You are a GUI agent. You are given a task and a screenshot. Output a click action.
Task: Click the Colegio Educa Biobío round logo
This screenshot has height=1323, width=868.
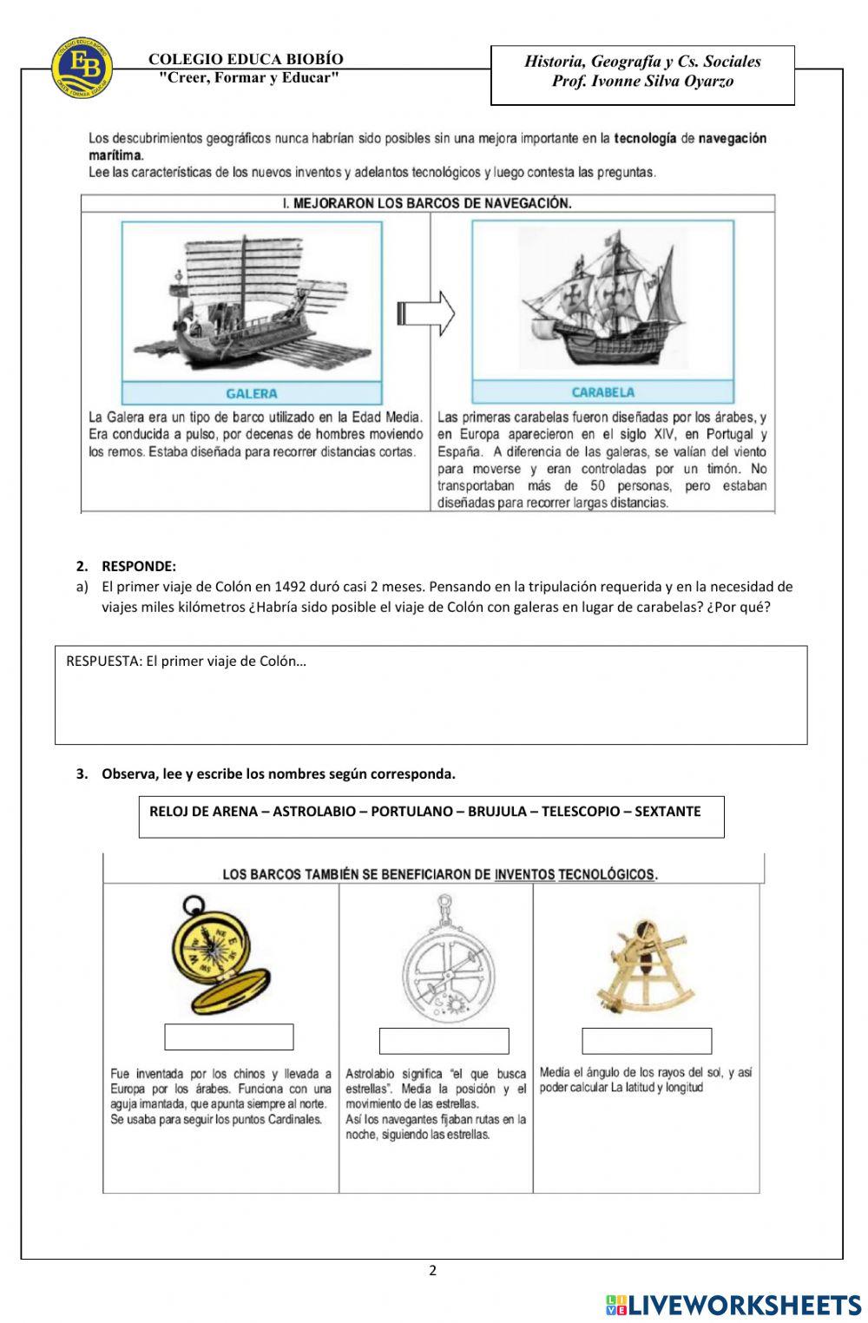82,67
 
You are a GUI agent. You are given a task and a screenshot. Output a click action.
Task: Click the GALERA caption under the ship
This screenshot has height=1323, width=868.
252,393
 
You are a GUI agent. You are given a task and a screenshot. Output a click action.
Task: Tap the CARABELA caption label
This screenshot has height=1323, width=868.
602,392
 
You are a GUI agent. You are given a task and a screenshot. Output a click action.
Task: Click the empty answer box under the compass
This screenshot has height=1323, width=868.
229,1037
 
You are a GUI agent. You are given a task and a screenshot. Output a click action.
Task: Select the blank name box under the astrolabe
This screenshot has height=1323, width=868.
444,1041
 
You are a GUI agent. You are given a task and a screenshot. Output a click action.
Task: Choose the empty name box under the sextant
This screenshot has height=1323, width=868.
647,1041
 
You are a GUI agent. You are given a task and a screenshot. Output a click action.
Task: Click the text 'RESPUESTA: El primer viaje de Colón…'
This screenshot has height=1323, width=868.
186,661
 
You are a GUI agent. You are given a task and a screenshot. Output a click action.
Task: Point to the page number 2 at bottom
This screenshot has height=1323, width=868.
433,1271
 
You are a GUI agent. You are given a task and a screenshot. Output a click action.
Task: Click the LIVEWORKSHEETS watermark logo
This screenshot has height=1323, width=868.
733,1304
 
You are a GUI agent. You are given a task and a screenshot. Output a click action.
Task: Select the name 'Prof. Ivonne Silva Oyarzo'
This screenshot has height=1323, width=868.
642,82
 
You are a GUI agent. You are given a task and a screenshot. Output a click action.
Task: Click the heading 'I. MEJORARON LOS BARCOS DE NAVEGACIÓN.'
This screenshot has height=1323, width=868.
428,203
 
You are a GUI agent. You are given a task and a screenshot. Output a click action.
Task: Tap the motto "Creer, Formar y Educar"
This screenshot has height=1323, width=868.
249,77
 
